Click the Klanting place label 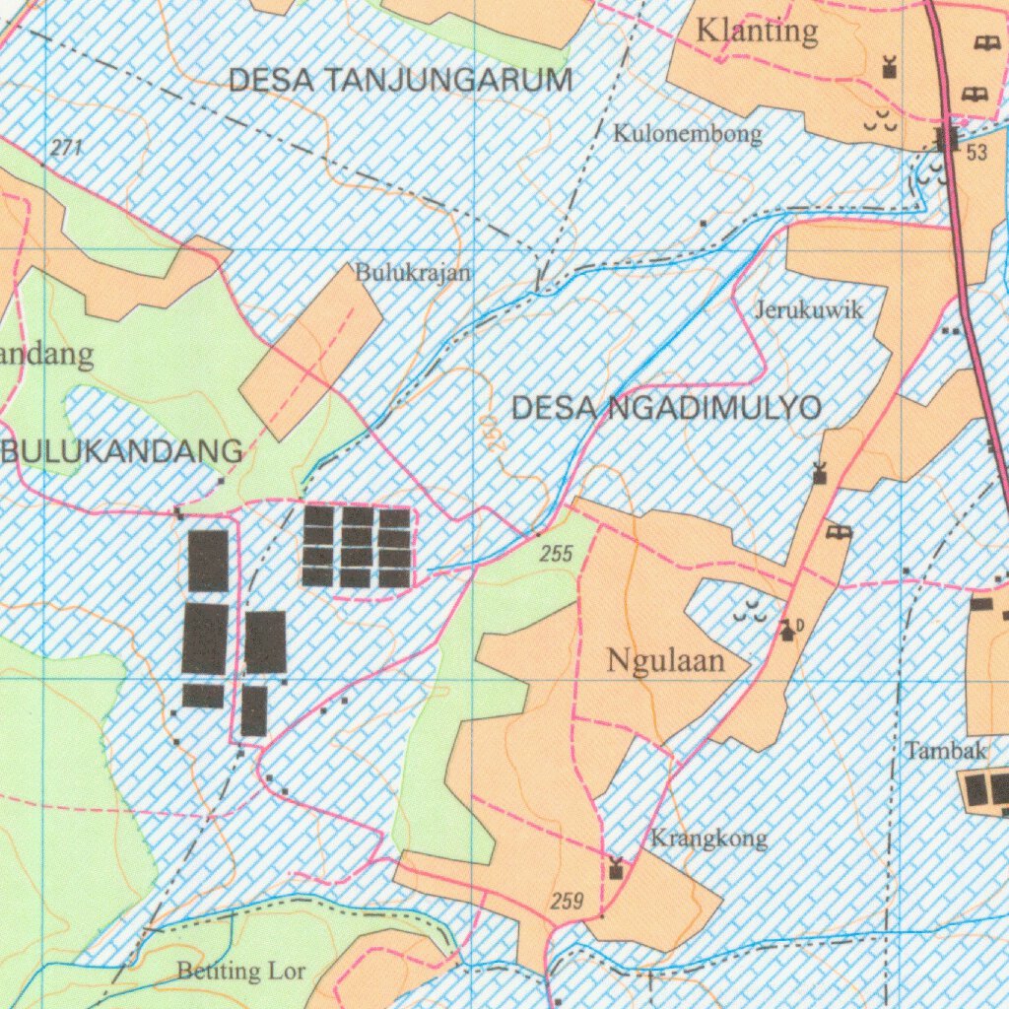757,32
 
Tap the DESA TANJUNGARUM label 400,81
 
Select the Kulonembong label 688,134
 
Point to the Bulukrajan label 414,272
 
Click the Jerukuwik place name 809,310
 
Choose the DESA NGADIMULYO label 667,407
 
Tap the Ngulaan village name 666,660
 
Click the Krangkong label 708,840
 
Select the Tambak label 946,751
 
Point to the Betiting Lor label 241,972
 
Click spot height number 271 66,149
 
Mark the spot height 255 556,555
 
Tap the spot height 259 568,901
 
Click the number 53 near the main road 976,153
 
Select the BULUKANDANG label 123,452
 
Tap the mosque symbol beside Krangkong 617,869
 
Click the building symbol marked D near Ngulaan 788,630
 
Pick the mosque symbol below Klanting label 890,67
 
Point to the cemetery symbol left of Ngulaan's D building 750,612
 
